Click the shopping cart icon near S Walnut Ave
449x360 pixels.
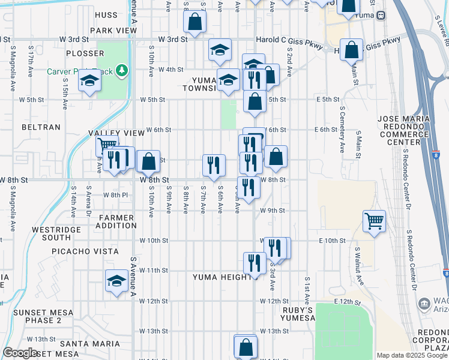(374, 221)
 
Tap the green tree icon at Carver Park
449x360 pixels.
(122, 71)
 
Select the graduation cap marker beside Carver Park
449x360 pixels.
(89, 82)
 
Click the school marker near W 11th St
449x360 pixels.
(116, 280)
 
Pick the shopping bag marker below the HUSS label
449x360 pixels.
(195, 23)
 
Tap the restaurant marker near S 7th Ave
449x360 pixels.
(214, 165)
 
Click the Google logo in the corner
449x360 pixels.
(20, 353)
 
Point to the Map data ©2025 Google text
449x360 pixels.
(412, 355)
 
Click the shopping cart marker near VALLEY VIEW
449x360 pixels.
(107, 146)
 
